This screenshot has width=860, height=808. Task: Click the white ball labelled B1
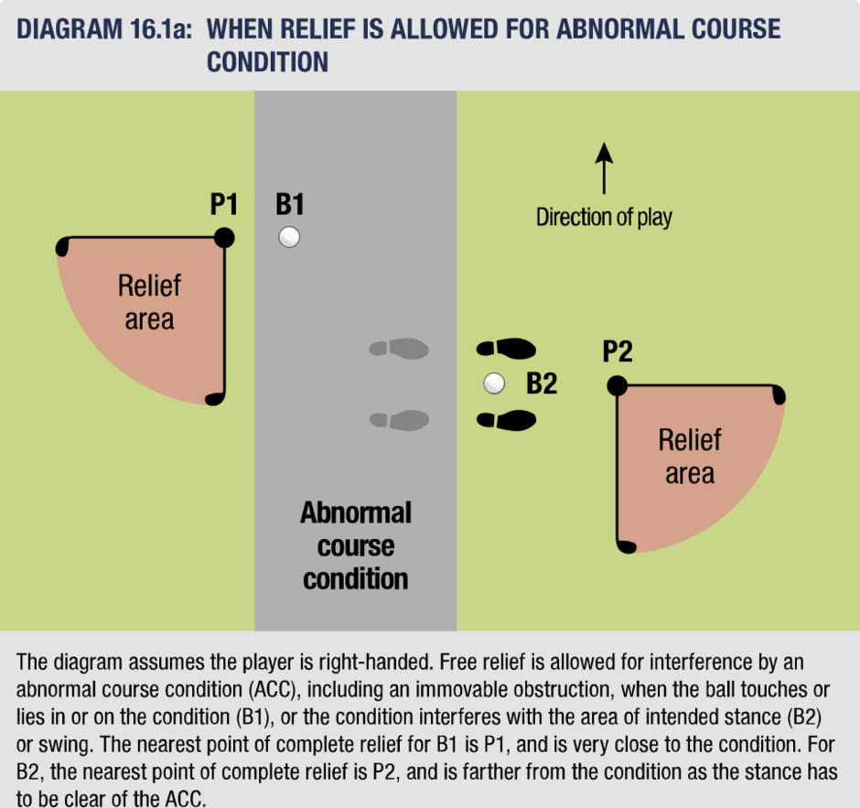289,238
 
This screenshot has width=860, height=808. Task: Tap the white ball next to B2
494,383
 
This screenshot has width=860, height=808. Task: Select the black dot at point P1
224,238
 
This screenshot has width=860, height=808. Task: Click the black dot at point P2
617,385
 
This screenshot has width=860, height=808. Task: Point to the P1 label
224,204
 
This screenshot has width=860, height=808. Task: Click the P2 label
618,351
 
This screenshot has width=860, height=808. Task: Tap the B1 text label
290,204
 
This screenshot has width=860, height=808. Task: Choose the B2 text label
542,382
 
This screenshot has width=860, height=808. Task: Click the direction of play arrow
604,168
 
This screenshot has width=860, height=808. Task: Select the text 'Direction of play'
604,217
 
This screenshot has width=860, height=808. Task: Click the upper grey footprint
399,349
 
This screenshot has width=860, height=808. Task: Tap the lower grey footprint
399,420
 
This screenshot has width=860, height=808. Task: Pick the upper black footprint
506,349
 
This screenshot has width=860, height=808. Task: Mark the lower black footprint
506,420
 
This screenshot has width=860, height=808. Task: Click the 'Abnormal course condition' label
355,545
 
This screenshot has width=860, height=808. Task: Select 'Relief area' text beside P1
149,302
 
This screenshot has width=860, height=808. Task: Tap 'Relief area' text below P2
690,457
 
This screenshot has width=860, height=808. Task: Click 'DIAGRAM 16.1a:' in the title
104,29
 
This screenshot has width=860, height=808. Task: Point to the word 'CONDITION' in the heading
268,61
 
